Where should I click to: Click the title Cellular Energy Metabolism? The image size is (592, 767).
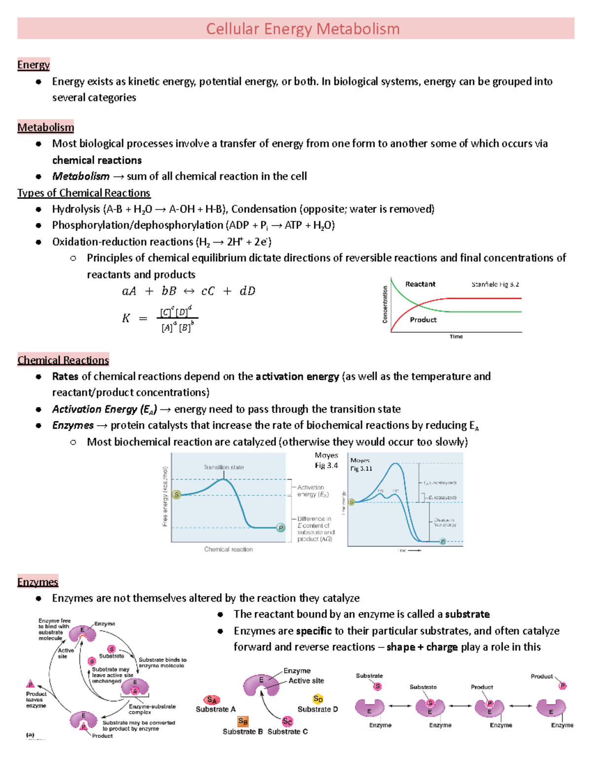(x=302, y=29)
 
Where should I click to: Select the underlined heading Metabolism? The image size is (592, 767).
(x=45, y=127)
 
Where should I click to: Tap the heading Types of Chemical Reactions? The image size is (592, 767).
(x=84, y=193)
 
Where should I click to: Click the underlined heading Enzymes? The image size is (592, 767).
(x=37, y=582)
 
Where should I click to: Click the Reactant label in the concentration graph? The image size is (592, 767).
(x=420, y=284)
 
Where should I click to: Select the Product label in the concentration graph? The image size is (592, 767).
(x=423, y=320)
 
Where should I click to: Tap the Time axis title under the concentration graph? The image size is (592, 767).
(x=456, y=336)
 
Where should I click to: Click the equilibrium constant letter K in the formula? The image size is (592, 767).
(x=126, y=319)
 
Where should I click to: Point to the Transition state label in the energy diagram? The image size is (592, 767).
(x=223, y=467)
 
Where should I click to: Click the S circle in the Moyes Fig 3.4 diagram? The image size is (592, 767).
(x=177, y=494)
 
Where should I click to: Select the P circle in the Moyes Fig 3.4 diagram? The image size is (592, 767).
(x=281, y=527)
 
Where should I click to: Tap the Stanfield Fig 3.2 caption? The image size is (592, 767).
(x=495, y=284)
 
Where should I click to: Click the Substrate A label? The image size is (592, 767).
(x=216, y=709)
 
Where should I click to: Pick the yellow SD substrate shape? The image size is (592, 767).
(x=318, y=699)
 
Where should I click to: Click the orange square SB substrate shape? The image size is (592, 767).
(x=243, y=722)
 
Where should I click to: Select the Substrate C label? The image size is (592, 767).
(x=288, y=731)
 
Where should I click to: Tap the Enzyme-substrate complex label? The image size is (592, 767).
(x=152, y=709)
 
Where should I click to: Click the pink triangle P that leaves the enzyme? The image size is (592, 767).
(x=31, y=684)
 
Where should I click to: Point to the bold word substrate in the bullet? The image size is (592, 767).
(x=467, y=614)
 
